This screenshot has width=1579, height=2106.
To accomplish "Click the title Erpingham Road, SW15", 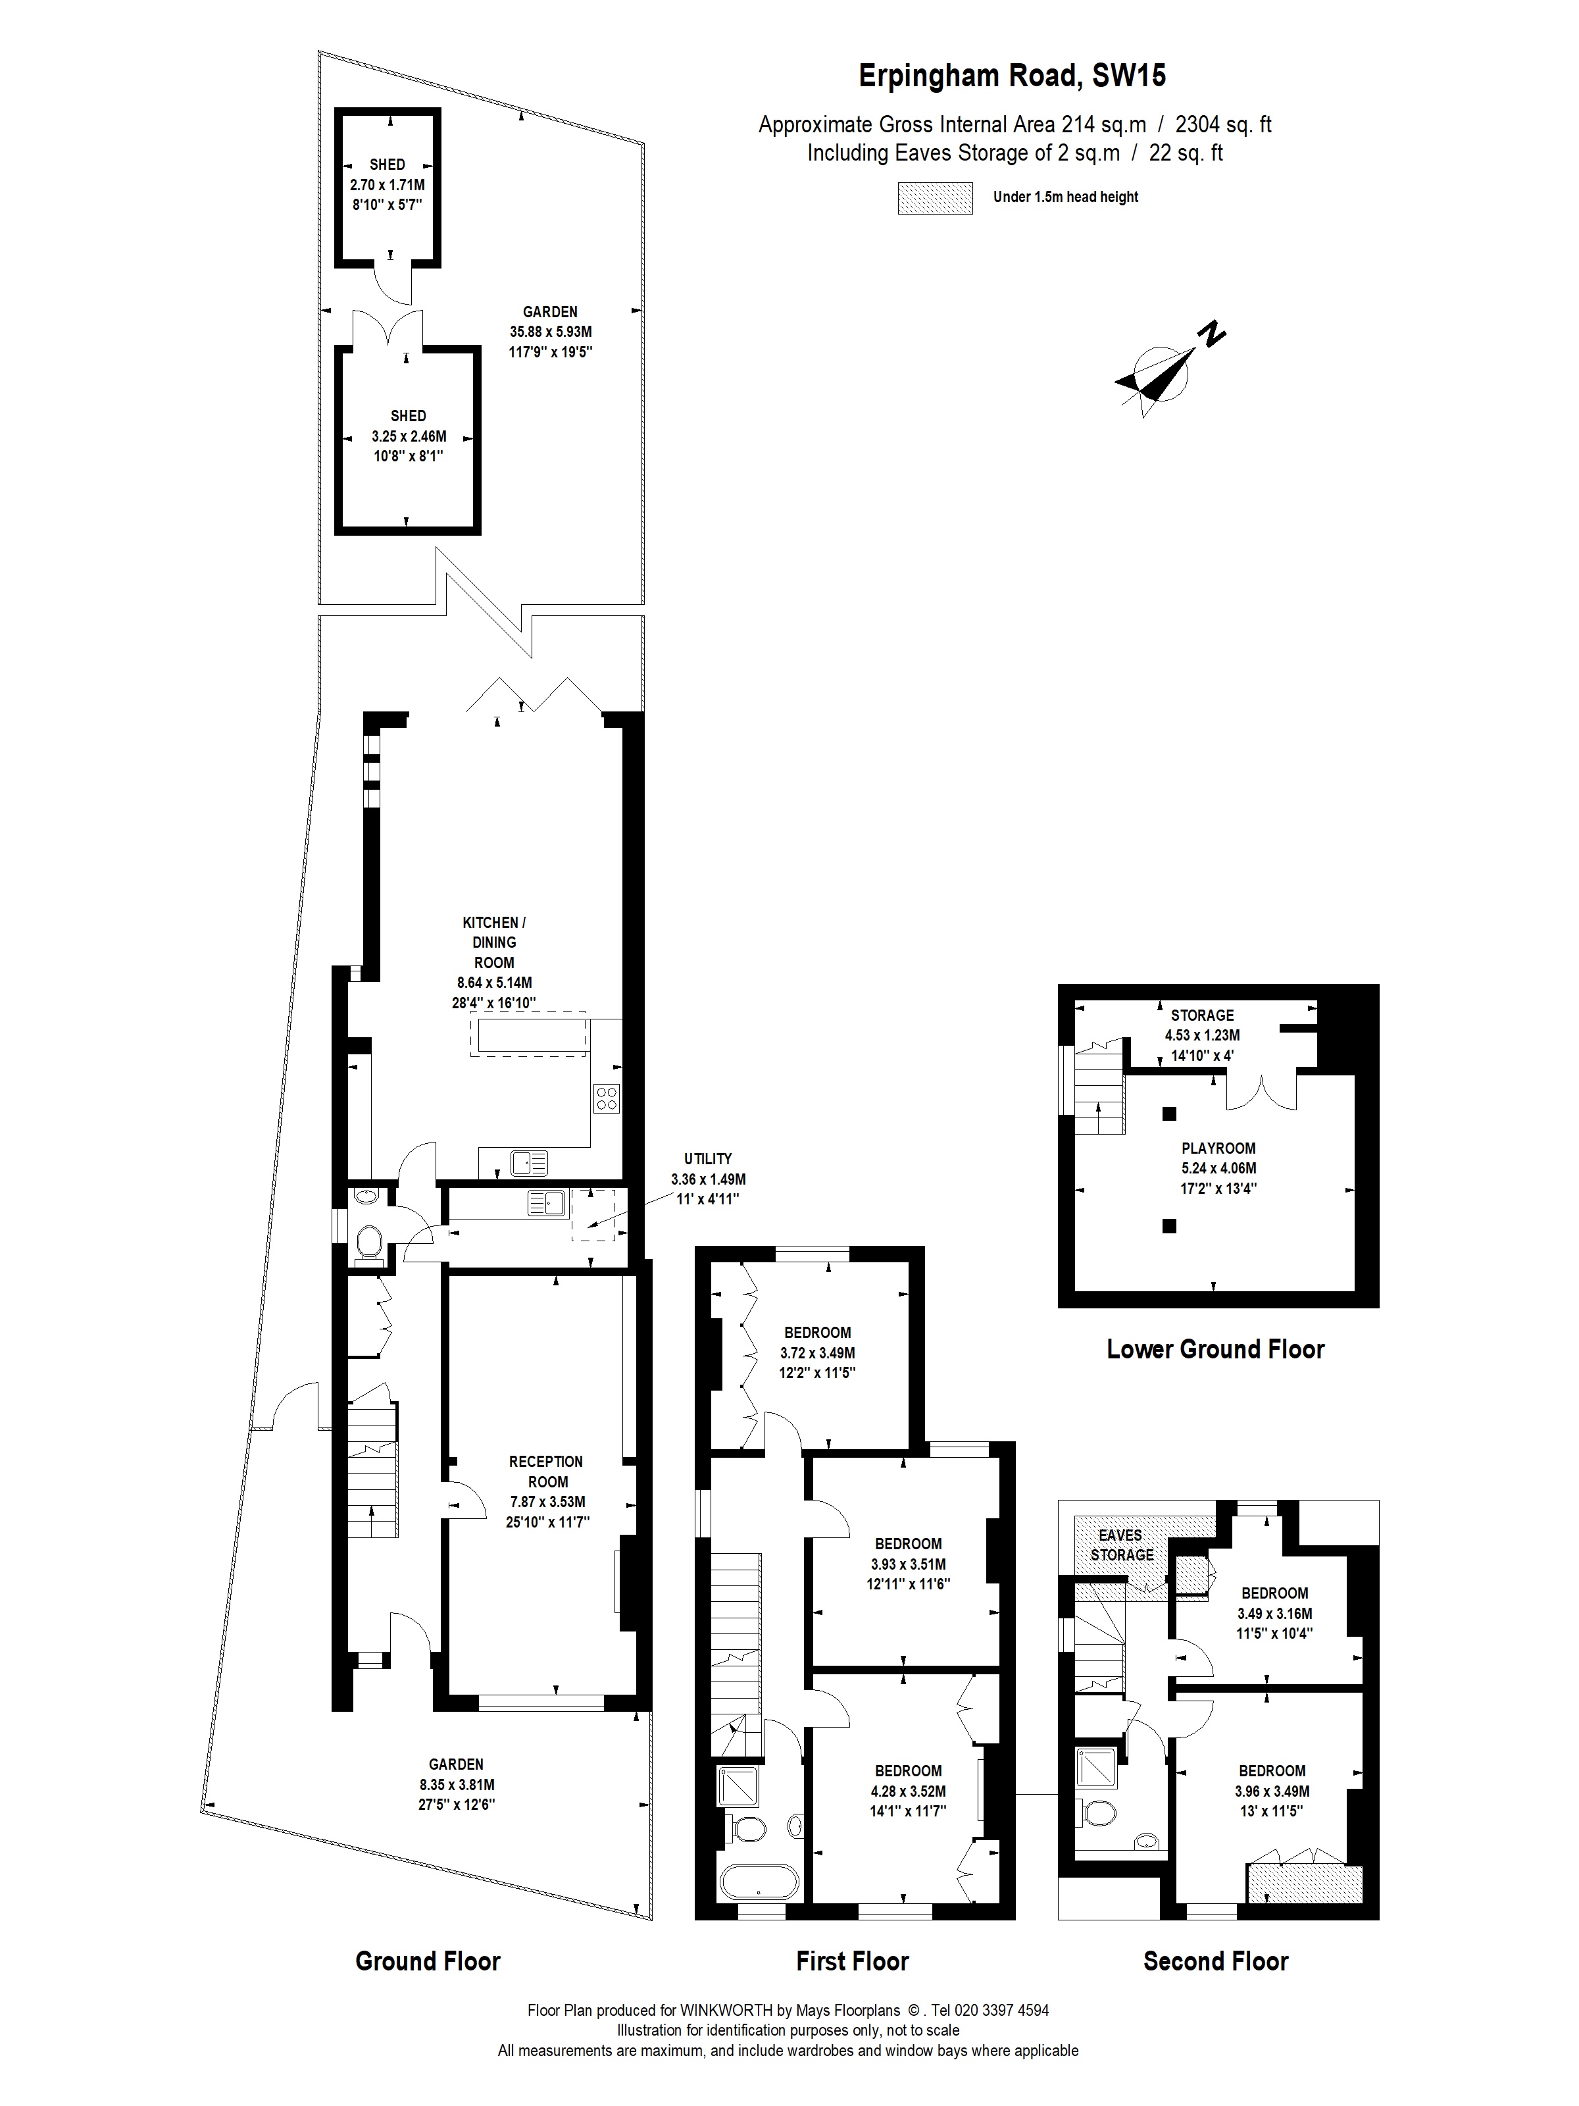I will click(1012, 76).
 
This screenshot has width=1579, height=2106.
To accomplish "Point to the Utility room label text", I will click(708, 1159).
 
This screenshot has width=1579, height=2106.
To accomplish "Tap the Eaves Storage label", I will click(1121, 1544).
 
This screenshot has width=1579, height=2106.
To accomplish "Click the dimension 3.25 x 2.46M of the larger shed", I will click(409, 436).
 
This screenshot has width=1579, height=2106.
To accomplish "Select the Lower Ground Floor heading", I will click(1215, 1349).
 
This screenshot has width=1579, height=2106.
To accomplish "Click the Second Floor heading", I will click(1215, 1961).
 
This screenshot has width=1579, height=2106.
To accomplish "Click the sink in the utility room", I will click(546, 1204).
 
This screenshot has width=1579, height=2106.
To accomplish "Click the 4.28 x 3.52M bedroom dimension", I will click(908, 1791).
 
